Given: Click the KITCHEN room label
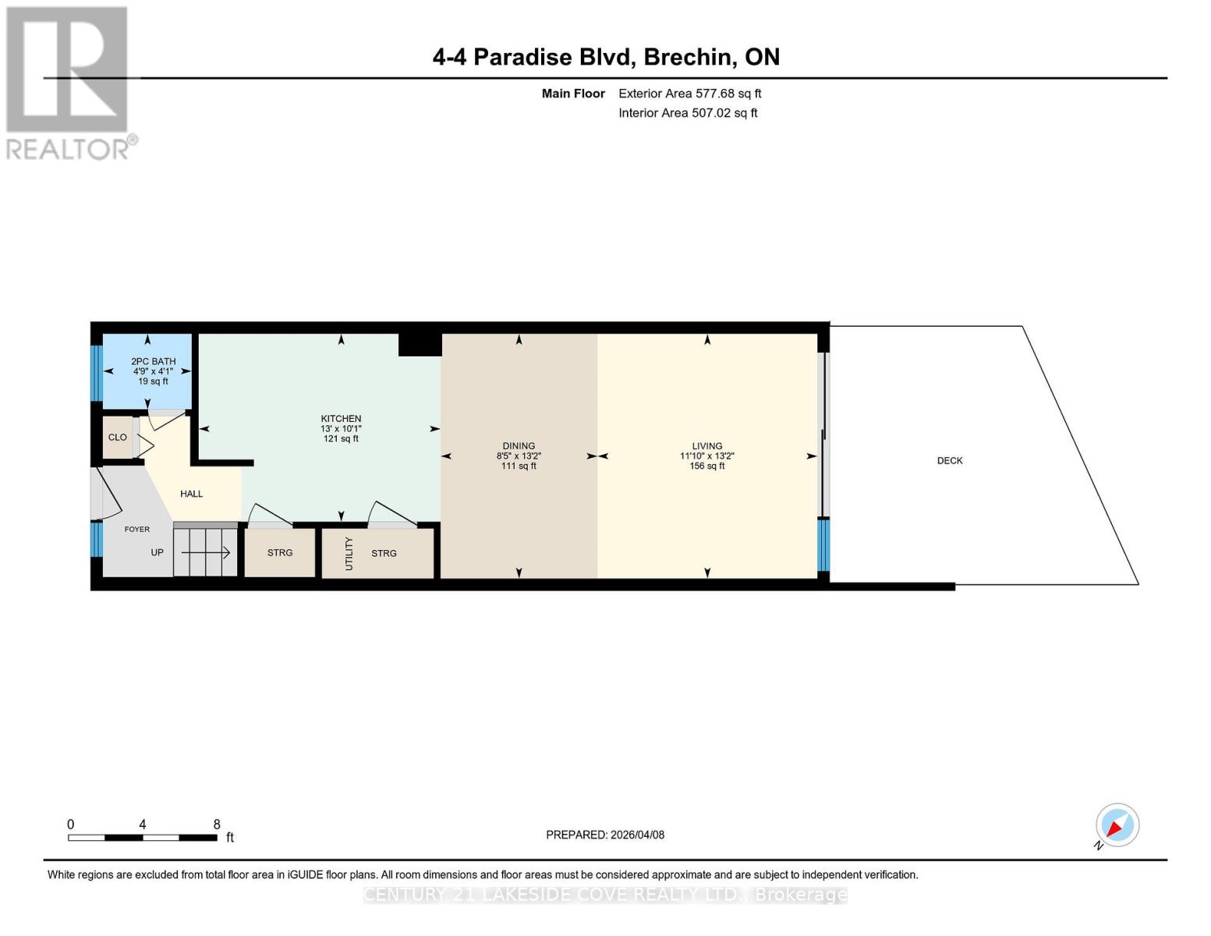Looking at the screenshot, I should pos(341,419).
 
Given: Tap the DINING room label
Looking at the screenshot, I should pos(519,446).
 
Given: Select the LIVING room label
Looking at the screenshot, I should pos(706,446).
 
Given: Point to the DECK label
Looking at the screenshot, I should pos(949,461).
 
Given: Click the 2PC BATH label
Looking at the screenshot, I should pos(153,362).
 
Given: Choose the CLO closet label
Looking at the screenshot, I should pos(117,438).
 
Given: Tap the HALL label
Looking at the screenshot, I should pos(191,494).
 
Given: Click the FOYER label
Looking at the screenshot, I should pos(137,530).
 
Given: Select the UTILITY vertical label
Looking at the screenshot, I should pos(349,553).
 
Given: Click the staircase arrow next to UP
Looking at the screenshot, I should pos(207,552).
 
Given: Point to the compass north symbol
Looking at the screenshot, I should pos(1117,825).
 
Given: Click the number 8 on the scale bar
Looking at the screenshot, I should pos(217,824).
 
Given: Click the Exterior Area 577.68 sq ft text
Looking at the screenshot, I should pos(689,94).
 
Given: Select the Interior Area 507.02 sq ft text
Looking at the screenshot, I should pos(688,113).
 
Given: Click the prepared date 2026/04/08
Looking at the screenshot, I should pos(637,835).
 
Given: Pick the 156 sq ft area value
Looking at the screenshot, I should pos(706,466).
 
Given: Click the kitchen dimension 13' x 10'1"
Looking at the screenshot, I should pos(341,429).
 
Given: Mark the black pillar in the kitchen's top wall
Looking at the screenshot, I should pos(420,345).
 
